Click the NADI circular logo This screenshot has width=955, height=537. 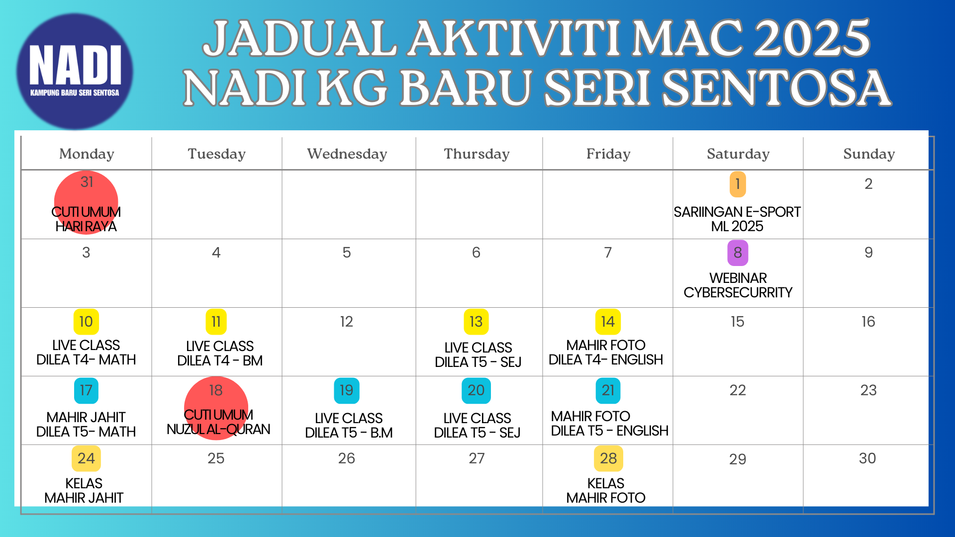coord(75,71)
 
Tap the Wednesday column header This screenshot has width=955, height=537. coord(347,154)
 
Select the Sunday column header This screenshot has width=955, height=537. coord(869,154)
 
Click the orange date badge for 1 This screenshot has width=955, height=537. coord(738,184)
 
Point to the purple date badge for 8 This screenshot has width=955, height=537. coord(738,253)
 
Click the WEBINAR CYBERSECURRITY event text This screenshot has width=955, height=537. coord(738,285)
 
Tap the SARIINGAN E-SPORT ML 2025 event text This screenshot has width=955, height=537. coord(737,219)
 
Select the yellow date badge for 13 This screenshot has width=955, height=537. coord(476,322)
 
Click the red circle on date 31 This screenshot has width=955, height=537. coord(86,202)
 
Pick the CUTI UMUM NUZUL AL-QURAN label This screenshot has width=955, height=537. coord(218,422)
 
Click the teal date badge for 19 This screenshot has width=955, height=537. coord(347,390)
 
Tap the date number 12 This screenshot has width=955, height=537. coord(347,322)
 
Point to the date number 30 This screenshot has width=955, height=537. coord(867,458)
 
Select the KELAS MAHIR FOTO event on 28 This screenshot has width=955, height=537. coord(606,490)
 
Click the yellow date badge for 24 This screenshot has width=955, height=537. coord(86,458)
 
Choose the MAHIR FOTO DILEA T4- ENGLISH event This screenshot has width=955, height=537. coord(606,352)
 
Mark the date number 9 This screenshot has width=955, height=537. coord(868,253)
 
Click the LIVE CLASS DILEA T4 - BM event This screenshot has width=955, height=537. coord(220,353)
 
